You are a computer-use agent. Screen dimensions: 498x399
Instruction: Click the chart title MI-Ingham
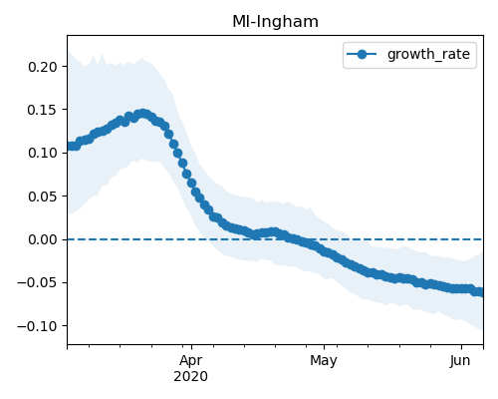pos(275,22)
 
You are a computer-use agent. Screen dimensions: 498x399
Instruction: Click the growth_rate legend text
pos(428,55)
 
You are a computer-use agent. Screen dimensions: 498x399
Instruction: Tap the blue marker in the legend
pos(362,54)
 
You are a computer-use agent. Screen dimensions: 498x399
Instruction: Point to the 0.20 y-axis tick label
pos(43,67)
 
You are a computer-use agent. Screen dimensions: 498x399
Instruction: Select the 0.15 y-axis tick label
pos(43,110)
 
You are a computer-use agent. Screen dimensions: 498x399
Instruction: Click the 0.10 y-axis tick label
pos(43,154)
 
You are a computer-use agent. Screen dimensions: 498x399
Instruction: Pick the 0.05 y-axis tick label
pos(43,197)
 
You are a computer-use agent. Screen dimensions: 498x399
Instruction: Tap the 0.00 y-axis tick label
pos(43,239)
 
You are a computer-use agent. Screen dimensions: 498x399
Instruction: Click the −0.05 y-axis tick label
pos(38,283)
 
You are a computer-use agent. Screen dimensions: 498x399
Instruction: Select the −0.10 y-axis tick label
pos(38,326)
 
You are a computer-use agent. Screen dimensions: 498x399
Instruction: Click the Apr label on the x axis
pos(191,361)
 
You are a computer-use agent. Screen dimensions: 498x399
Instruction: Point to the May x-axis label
pos(324,361)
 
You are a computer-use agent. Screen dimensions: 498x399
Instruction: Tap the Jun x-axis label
pos(460,360)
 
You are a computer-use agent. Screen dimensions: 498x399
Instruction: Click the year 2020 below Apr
pos(191,377)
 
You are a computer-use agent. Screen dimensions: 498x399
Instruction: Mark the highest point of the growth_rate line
pos(143,114)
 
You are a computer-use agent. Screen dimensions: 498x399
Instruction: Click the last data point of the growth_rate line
pos(481,292)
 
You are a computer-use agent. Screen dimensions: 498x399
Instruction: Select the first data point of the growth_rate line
pos(69,147)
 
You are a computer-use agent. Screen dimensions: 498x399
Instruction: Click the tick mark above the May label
pos(325,347)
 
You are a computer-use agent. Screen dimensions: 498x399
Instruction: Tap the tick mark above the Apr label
pos(191,347)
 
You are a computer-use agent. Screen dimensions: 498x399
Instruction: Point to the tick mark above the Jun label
pos(461,347)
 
